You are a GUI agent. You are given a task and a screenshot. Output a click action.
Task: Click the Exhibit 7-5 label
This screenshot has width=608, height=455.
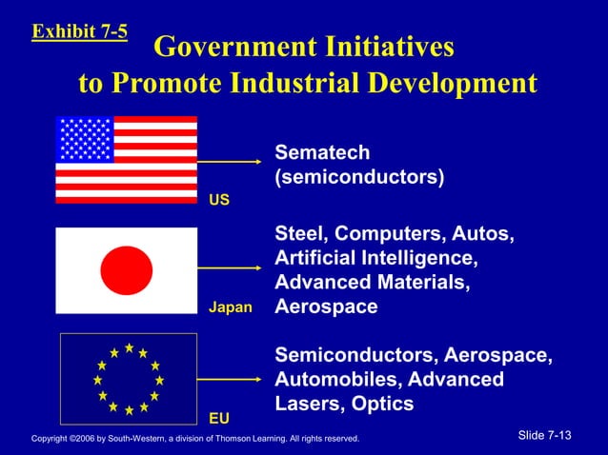(80, 31)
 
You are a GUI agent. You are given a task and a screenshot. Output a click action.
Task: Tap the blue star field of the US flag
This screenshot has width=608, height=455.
(85, 139)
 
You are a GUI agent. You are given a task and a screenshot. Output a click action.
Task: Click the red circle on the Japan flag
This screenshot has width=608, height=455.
(126, 270)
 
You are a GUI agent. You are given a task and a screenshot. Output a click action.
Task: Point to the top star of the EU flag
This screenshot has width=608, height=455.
(128, 347)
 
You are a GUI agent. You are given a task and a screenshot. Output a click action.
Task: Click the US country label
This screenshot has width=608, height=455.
(218, 201)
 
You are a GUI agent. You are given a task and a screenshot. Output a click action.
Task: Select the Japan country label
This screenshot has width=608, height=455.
(230, 307)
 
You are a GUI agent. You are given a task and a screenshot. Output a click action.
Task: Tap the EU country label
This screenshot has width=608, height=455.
(218, 417)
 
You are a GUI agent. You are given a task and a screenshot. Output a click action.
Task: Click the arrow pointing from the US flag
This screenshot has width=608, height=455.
(230, 162)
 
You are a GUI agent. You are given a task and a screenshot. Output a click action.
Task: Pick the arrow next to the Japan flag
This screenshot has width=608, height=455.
(230, 270)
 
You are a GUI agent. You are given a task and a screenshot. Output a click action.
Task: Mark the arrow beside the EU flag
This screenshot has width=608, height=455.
(230, 379)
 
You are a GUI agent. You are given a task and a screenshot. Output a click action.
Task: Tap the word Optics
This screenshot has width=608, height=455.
(382, 404)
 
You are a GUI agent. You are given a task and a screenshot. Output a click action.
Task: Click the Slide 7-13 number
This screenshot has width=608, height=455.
(544, 435)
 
